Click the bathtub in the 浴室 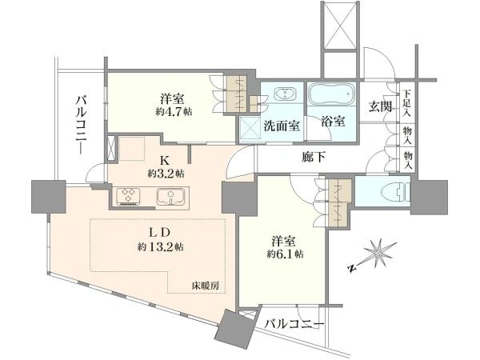[x=331, y=94]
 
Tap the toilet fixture [x=396, y=193]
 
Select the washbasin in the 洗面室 [x=286, y=94]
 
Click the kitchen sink [x=171, y=196]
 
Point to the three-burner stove [x=128, y=196]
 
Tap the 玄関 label [x=380, y=106]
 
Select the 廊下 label [x=313, y=158]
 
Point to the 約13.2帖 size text [x=161, y=246]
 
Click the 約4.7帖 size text [x=174, y=112]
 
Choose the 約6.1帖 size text [x=285, y=254]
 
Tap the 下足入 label [x=406, y=103]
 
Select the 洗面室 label [x=282, y=126]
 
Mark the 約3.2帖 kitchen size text [x=166, y=174]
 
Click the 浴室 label [x=333, y=122]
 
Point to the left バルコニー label [x=81, y=125]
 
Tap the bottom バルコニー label [x=294, y=324]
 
